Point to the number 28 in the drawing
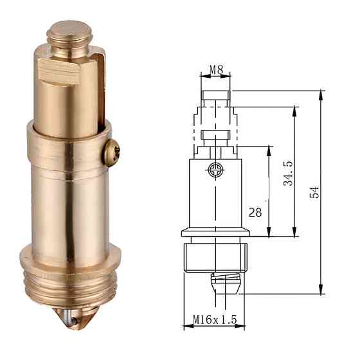coord(255,212)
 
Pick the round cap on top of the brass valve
coord(69,29)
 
